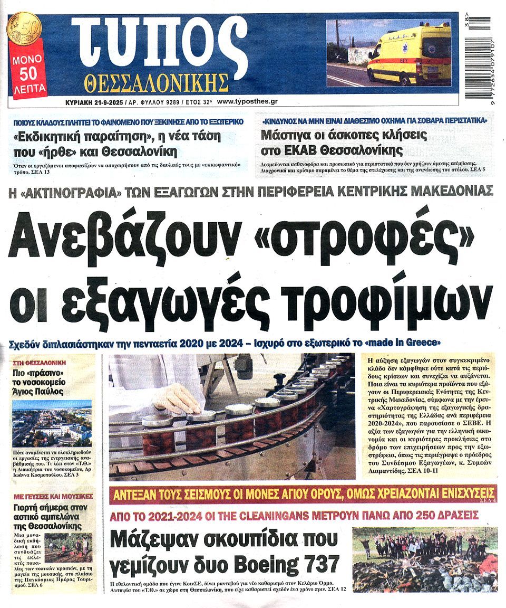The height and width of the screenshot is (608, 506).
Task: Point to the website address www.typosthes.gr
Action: click(x=247, y=101)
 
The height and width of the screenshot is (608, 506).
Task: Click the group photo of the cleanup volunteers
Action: click(x=424, y=559)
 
